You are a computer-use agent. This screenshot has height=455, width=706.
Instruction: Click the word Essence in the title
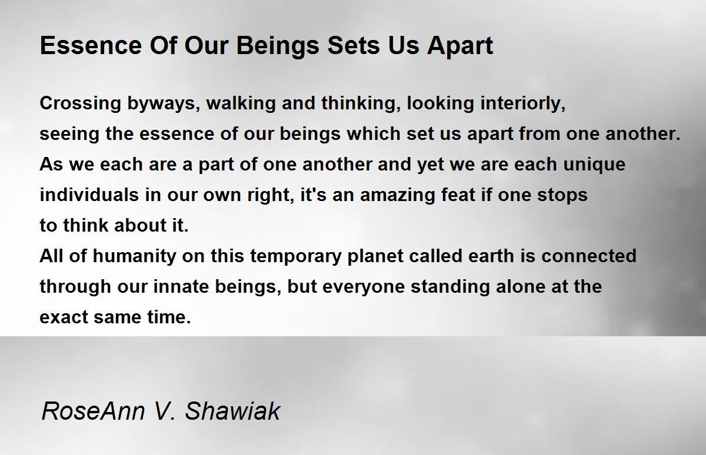[x=91, y=46]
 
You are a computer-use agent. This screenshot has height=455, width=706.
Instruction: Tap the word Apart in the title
[x=460, y=46]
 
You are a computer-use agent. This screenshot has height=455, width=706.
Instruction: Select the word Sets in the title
[x=354, y=46]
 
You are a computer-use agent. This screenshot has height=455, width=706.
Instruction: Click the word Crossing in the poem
[x=81, y=104]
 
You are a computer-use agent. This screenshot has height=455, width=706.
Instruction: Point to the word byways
[x=164, y=104]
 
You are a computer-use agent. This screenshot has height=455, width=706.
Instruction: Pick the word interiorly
[x=523, y=104]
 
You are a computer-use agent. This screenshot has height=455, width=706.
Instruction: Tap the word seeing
[x=69, y=135]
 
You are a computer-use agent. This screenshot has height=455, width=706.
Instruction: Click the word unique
[x=594, y=165]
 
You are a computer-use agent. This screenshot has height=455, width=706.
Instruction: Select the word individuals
[x=89, y=195]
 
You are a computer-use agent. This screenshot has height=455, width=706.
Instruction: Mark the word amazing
[x=398, y=196]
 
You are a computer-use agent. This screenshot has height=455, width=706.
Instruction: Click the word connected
[x=589, y=256]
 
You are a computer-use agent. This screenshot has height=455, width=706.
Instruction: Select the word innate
[x=181, y=286]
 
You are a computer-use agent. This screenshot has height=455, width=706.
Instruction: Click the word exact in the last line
[x=64, y=317]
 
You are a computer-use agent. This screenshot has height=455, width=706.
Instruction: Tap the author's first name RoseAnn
[x=94, y=411]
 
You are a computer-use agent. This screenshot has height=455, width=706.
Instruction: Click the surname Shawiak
[x=232, y=411]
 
